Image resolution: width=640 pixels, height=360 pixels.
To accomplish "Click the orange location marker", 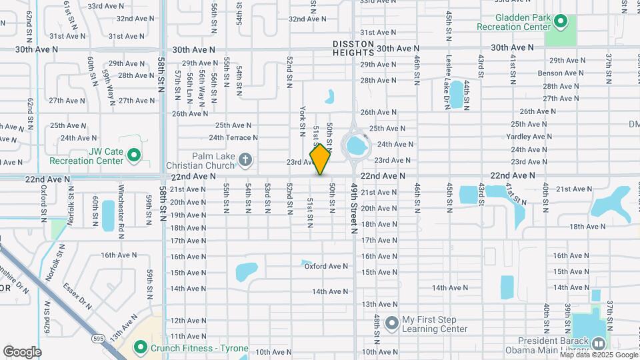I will point(321,159).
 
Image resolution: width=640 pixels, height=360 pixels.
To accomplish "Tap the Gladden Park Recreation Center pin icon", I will point(561,23).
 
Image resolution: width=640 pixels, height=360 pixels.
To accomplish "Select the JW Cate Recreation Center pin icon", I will point(133,156).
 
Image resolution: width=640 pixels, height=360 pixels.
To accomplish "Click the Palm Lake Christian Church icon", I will point(245,159).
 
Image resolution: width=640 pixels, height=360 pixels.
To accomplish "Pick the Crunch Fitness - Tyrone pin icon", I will point(140,347).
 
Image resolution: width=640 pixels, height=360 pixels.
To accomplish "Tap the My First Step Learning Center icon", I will point(391,323).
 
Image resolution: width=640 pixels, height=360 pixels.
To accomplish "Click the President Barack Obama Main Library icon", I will point(598,344).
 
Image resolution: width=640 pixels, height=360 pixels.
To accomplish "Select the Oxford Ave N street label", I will point(327,266).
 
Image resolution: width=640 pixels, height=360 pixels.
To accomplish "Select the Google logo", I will point(22,352).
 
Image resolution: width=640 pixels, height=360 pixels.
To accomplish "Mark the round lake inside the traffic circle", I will point(355,143).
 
